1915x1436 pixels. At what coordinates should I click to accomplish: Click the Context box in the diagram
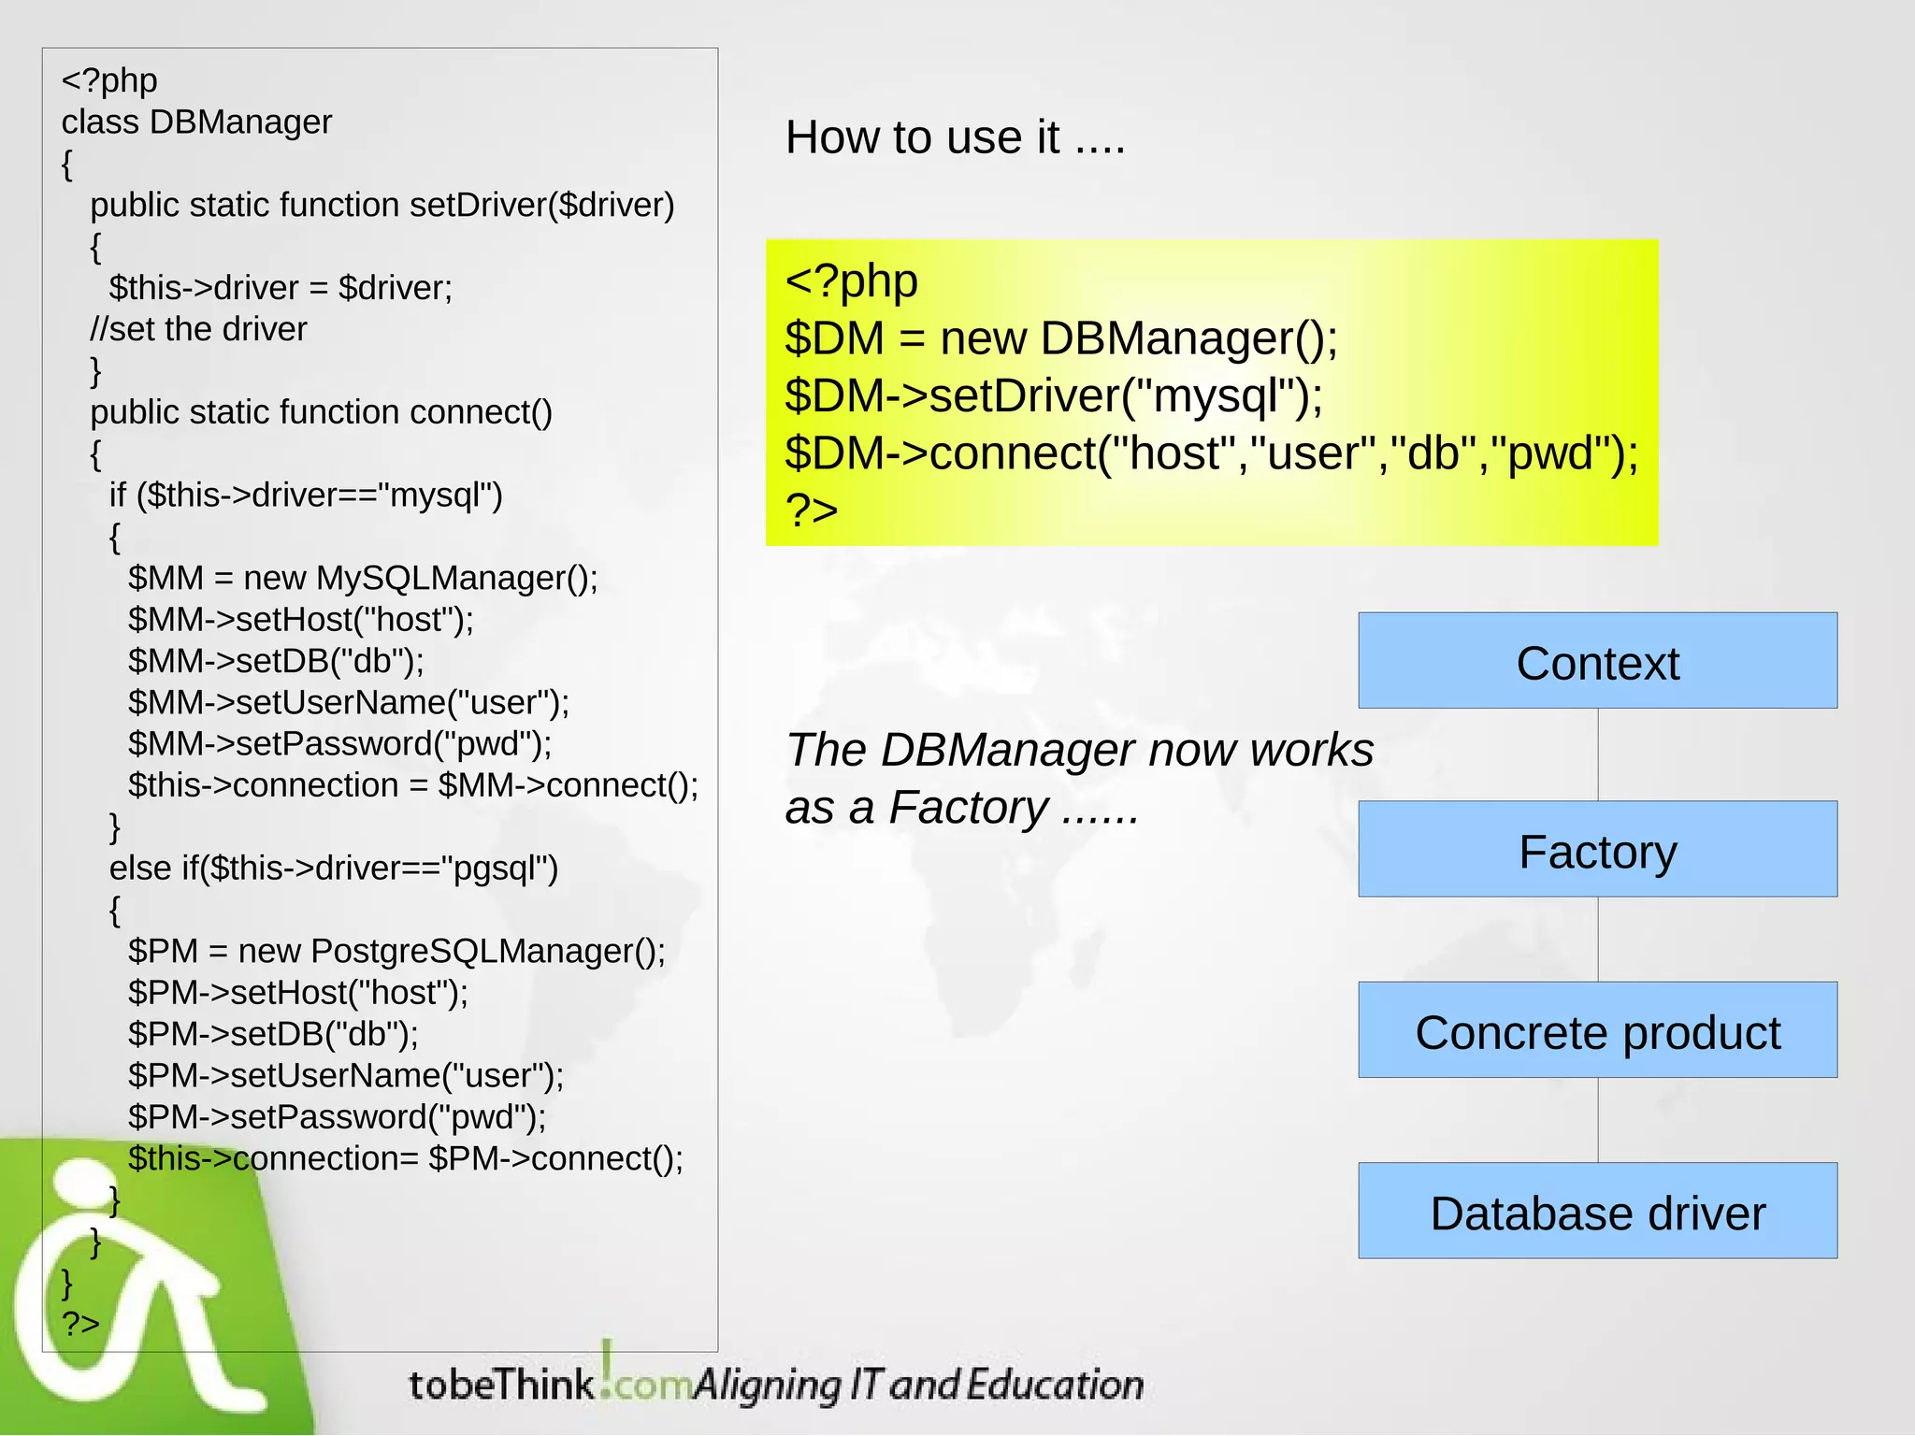(1597, 661)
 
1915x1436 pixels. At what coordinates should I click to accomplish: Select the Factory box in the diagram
(1597, 849)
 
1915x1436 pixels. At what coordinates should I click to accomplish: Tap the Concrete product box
(1597, 1030)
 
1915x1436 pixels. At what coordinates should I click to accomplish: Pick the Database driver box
(1597, 1212)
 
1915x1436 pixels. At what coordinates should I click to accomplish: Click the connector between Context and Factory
(1598, 754)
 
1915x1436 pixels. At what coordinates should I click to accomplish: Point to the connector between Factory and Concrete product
(1598, 940)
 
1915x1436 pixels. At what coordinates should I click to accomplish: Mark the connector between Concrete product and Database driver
(1598, 1120)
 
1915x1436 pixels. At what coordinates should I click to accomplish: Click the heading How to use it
(955, 137)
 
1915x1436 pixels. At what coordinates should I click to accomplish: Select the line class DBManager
(196, 122)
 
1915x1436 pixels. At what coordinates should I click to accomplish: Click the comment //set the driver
(198, 329)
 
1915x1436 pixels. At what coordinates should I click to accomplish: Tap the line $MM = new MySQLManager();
(363, 578)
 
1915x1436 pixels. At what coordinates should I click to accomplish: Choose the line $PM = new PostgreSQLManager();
(396, 951)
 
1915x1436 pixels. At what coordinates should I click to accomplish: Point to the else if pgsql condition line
(334, 869)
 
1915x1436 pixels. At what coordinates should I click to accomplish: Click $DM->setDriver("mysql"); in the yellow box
(1054, 395)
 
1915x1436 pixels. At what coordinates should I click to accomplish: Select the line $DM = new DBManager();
(1061, 337)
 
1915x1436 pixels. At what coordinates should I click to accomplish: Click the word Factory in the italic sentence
(968, 808)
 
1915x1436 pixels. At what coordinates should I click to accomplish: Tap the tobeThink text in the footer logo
(501, 1385)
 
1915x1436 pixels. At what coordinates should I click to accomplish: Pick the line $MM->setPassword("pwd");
(339, 744)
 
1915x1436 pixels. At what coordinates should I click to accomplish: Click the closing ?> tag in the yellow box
(812, 510)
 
